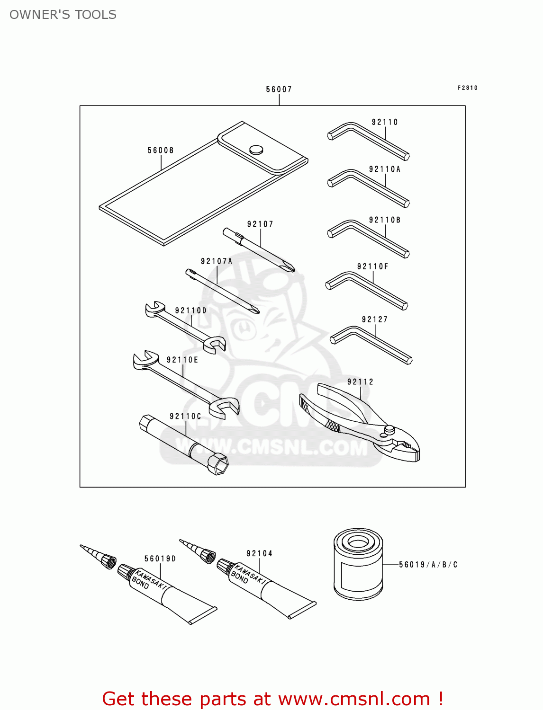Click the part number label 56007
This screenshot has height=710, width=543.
pos(279,89)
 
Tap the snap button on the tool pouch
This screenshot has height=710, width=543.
pos(256,150)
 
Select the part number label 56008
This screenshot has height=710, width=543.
pos(161,151)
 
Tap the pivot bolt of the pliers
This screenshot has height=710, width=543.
pos(389,430)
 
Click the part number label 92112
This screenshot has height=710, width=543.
pos(360,382)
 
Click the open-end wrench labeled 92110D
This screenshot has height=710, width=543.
pos(185,328)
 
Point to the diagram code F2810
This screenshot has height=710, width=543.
pos(467,88)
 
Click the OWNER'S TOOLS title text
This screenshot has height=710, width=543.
pos(63,15)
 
